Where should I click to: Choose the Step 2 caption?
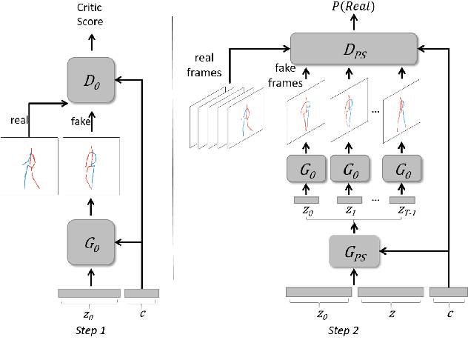344,329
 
